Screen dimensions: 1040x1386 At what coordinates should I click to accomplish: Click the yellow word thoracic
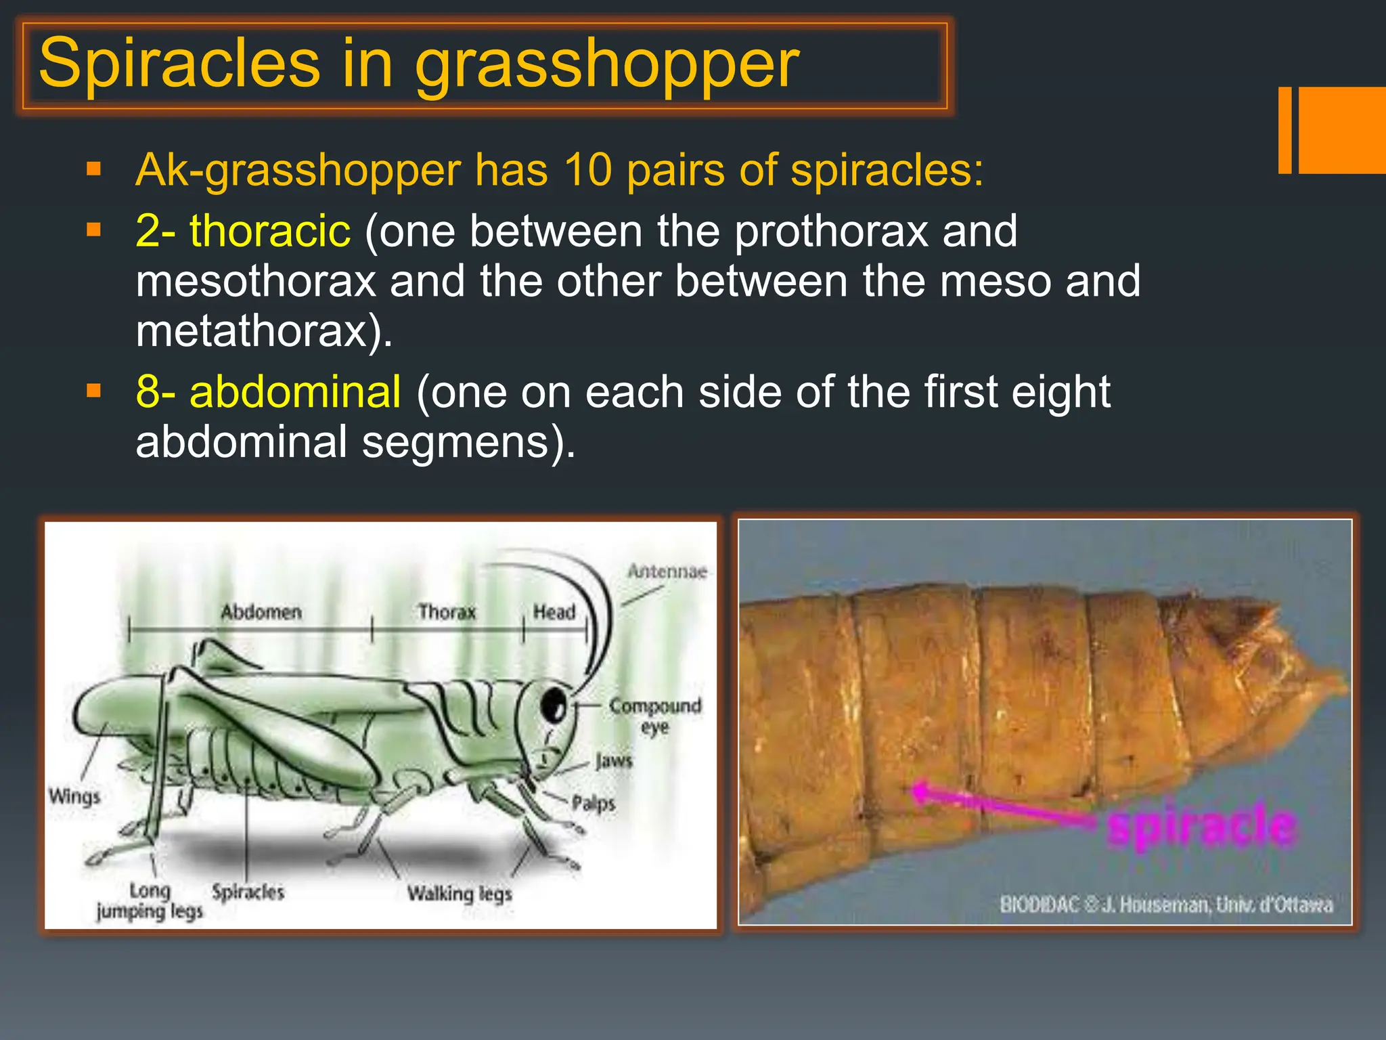coord(270,231)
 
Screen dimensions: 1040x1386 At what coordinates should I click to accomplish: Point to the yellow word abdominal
coord(295,392)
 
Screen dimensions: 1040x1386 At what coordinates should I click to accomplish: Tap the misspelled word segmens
coord(454,442)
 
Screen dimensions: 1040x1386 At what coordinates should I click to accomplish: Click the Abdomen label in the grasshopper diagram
coord(261,612)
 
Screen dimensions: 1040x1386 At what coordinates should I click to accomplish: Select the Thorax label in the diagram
coord(447,612)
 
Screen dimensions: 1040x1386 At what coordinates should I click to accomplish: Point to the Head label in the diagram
coord(554,612)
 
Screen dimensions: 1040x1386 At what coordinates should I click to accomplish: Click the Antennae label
coord(667,571)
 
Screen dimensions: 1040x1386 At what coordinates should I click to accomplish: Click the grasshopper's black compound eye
coord(554,706)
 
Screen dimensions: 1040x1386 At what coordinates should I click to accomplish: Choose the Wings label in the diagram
coord(74,796)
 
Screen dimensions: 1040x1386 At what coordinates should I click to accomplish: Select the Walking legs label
coord(460,894)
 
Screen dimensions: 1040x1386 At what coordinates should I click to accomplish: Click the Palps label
coord(594,804)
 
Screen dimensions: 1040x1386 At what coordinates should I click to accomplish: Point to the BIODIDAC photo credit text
coord(1165,905)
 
